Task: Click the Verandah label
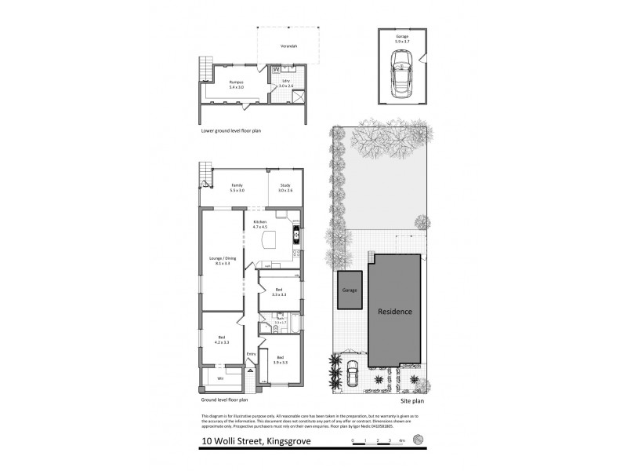pyautogui.click(x=289, y=46)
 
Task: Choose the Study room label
pyautogui.click(x=285, y=188)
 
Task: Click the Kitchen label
pyautogui.click(x=260, y=224)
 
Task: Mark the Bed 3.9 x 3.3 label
pyautogui.click(x=280, y=360)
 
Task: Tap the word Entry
pyautogui.click(x=251, y=353)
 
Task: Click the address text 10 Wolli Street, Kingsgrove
pyautogui.click(x=243, y=441)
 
